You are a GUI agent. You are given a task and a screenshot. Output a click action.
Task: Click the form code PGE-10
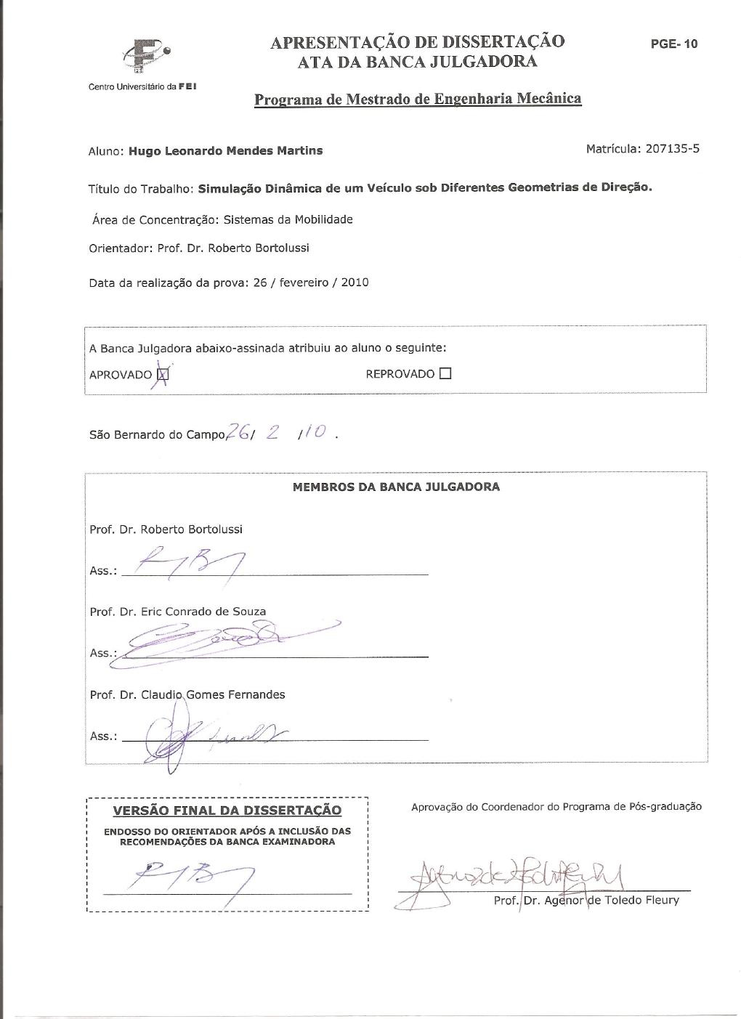point(673,44)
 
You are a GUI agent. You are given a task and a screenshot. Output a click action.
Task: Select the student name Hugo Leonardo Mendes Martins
point(225,151)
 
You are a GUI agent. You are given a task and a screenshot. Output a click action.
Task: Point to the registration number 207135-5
point(672,149)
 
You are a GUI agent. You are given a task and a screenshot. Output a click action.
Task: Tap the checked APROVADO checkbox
point(163,375)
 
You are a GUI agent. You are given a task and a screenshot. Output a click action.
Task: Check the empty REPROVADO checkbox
point(445,374)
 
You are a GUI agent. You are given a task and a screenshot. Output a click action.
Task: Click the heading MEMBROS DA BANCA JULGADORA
point(396,487)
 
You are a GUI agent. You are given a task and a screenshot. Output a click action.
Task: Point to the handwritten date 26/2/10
point(280,433)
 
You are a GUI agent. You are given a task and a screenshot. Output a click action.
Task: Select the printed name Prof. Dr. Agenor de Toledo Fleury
point(586,901)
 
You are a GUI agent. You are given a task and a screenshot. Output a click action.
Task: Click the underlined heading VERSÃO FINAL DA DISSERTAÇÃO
point(227,810)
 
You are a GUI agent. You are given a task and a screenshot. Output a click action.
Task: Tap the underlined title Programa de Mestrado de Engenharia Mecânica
point(418,99)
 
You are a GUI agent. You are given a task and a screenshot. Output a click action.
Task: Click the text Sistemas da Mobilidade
point(288,219)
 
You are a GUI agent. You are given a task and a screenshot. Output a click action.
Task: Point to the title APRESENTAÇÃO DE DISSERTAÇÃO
point(417,42)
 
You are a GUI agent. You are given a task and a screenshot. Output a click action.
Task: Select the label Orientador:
point(120,248)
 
